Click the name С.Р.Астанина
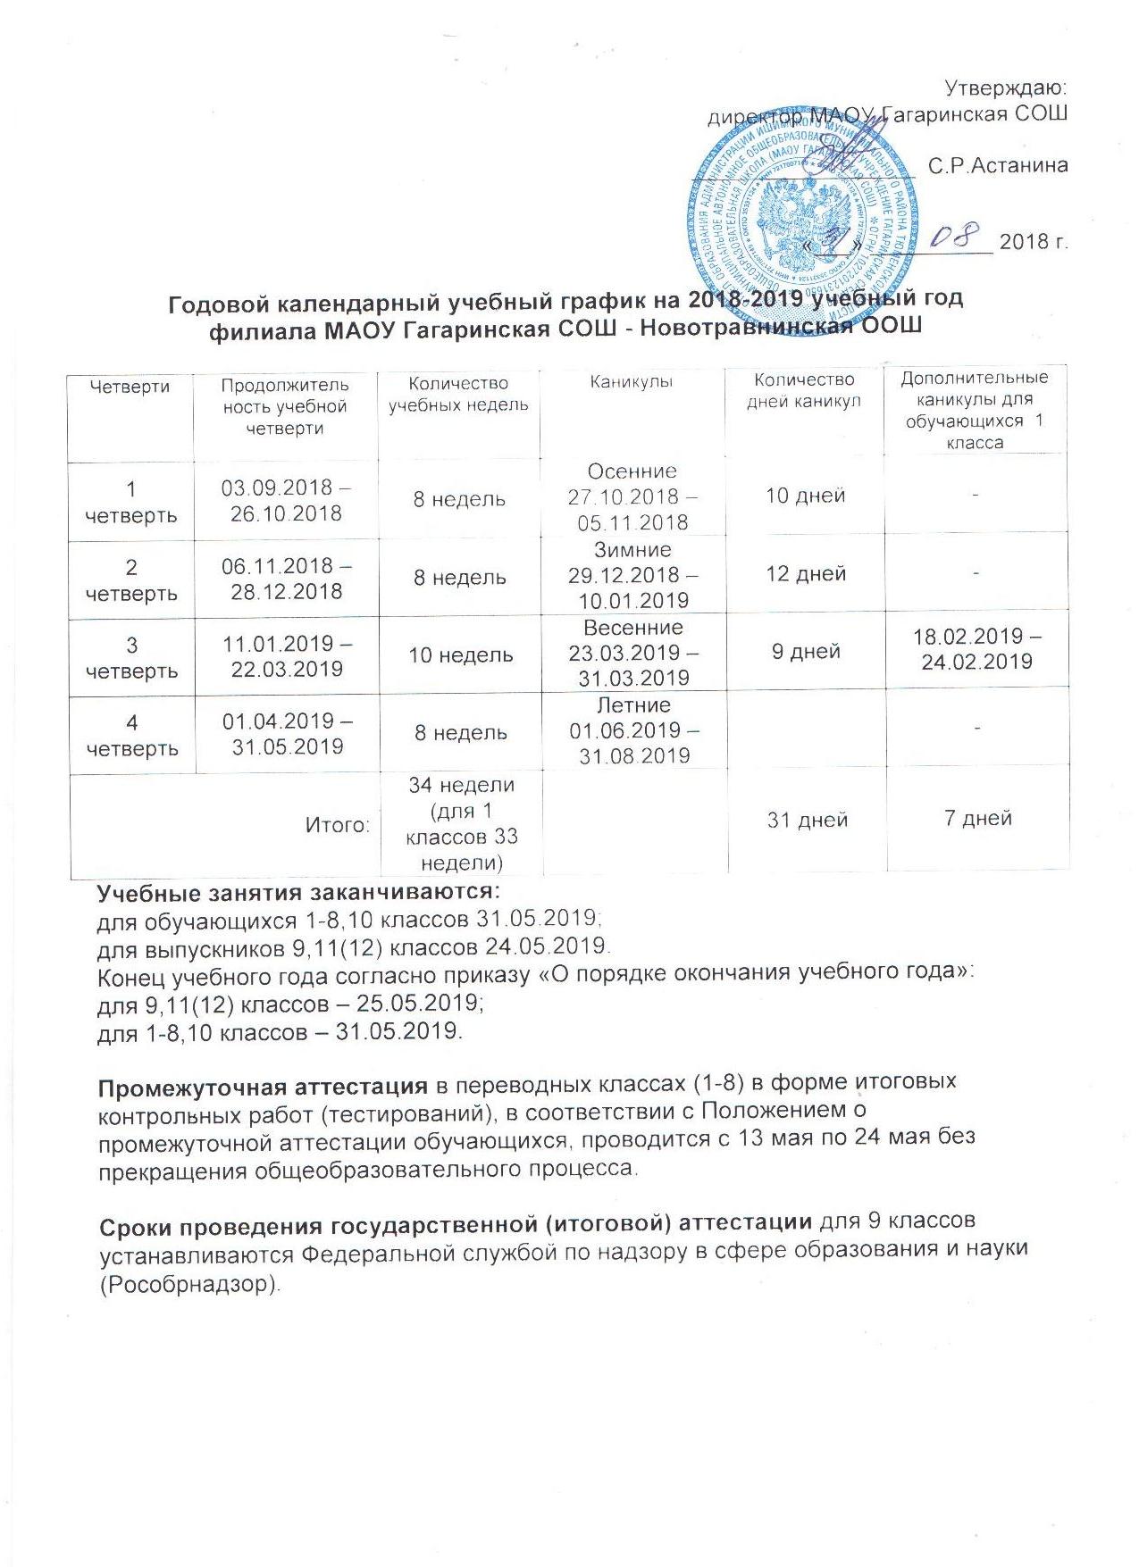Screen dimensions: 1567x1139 (x=998, y=166)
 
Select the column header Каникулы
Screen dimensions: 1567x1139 (x=632, y=382)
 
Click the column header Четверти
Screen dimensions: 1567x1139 (x=130, y=387)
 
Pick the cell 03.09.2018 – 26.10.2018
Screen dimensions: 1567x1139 (x=286, y=500)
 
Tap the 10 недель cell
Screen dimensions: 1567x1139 (x=460, y=654)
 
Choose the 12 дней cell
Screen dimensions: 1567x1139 (x=806, y=573)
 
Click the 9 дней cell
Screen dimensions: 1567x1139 (x=806, y=651)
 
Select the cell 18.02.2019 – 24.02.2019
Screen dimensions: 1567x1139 (x=977, y=649)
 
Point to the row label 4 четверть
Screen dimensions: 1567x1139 (x=131, y=734)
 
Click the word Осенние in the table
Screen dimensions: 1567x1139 (x=632, y=471)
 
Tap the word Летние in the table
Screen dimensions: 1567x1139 (x=633, y=705)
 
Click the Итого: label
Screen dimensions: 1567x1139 (x=338, y=824)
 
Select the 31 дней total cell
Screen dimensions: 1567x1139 (x=807, y=820)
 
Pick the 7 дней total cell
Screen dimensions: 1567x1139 (x=977, y=818)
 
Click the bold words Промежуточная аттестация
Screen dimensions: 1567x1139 (x=263, y=1087)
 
